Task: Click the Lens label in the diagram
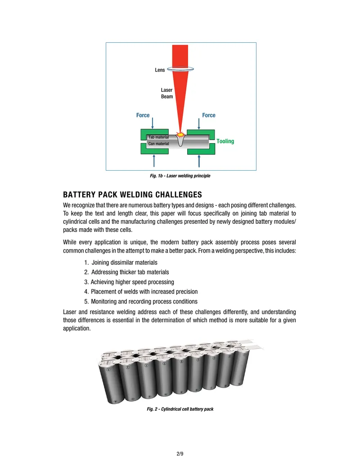point(160,70)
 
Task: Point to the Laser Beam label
point(166,93)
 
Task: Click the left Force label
point(143,115)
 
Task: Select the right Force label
point(209,115)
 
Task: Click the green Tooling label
point(225,141)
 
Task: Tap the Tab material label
point(158,137)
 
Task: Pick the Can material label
point(158,144)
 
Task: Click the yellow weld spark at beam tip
point(180,135)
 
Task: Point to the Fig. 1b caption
point(180,176)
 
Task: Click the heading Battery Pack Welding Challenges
point(132,195)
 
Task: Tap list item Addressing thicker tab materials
point(126,272)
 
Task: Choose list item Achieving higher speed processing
point(129,282)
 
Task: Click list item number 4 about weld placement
point(141,292)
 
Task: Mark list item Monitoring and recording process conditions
point(141,301)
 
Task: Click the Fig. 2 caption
point(180,409)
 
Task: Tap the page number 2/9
point(180,454)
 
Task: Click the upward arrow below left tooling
point(154,161)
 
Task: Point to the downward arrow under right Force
point(199,124)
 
